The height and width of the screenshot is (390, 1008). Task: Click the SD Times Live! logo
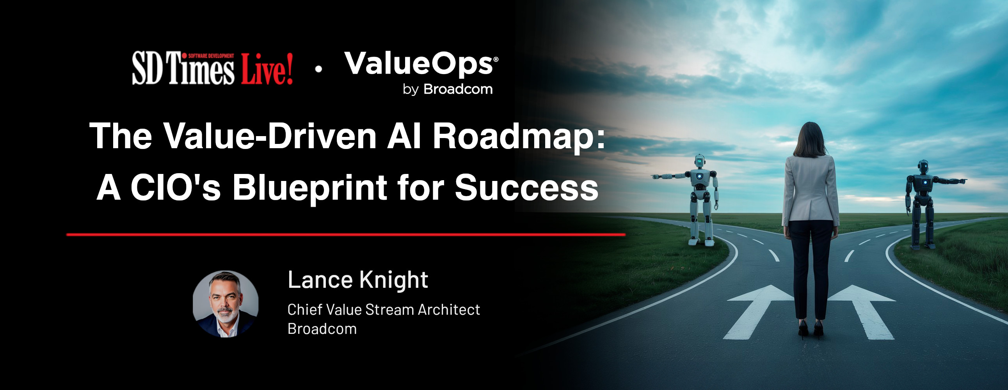tap(212, 69)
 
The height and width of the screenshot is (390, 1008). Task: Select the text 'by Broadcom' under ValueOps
tap(448, 89)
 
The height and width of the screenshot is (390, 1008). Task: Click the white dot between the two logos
tap(318, 69)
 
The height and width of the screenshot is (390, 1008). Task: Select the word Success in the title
tap(526, 188)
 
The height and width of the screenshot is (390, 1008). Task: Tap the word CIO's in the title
tap(176, 188)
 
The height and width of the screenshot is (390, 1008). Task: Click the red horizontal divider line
tap(346, 235)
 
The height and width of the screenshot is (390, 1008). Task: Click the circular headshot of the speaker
tap(226, 304)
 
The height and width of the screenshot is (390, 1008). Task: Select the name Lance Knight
tap(357, 280)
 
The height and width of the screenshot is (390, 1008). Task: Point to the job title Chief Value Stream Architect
tap(384, 310)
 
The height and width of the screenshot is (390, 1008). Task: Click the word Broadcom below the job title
tap(322, 329)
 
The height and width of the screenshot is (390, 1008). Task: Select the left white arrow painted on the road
tap(757, 309)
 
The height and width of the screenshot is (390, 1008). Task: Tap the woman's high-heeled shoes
tap(811, 330)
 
